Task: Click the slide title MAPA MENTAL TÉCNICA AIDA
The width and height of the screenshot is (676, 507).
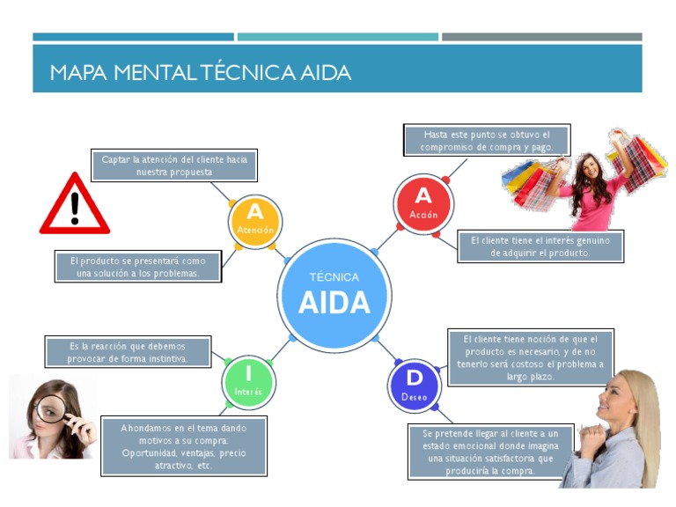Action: pos(201,72)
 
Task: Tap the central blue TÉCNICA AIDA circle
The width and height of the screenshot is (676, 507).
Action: pos(334,293)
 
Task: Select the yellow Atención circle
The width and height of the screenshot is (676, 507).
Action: pos(254,219)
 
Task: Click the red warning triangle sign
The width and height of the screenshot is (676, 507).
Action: pos(75,206)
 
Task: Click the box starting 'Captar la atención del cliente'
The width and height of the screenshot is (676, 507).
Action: pos(174,165)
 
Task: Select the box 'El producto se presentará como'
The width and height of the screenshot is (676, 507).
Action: pos(137,267)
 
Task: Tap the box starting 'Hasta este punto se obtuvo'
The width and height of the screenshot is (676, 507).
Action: pos(487,141)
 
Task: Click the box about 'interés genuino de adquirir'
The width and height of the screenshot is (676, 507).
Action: pos(540,246)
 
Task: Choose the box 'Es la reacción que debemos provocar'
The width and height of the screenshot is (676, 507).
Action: pos(128,352)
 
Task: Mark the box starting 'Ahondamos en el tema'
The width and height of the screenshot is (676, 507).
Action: pos(184,446)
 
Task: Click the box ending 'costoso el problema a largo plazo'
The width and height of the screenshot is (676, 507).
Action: pos(531,358)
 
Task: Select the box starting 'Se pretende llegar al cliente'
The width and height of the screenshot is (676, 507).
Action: pos(490,452)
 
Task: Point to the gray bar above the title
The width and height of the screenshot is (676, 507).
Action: pos(541,37)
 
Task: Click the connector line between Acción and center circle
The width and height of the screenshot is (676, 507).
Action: pos(387,241)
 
